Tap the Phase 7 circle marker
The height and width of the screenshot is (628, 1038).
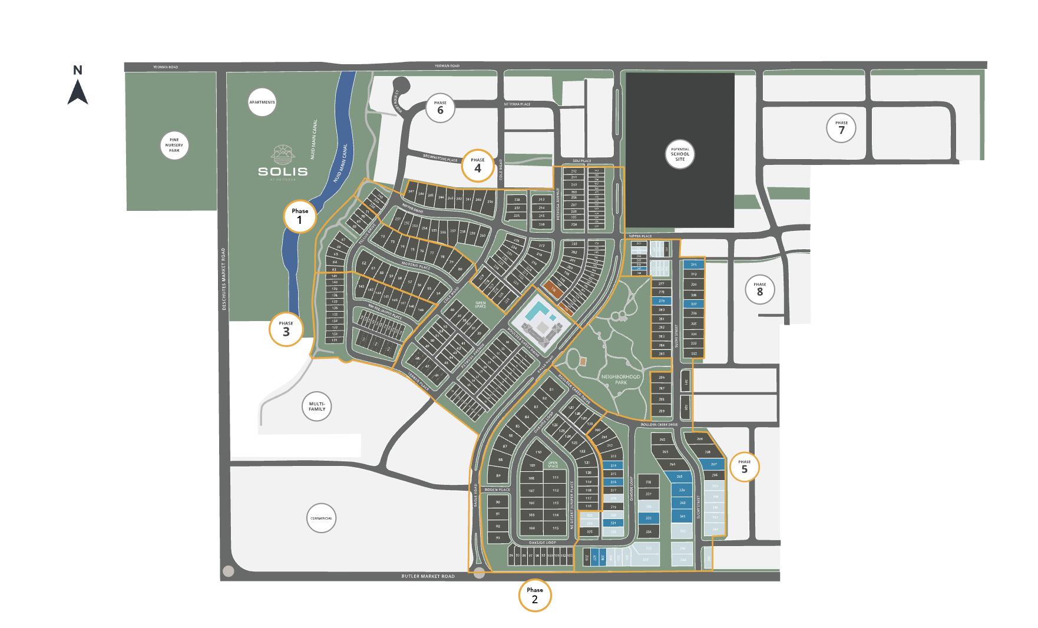click(x=841, y=127)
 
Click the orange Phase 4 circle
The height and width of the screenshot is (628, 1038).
click(x=477, y=164)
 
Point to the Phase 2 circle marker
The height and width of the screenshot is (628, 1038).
click(x=534, y=596)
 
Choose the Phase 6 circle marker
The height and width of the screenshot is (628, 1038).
click(x=439, y=108)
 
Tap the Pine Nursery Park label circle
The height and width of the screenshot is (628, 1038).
click(x=174, y=144)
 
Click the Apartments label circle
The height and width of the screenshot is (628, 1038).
click(x=262, y=103)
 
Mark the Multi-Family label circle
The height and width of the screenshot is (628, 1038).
click(x=317, y=406)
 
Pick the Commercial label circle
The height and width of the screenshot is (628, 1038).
click(x=321, y=518)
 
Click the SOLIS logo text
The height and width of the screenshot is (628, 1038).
click(x=283, y=171)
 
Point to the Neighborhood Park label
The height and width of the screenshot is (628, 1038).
click(x=620, y=379)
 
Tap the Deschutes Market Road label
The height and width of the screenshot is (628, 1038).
click(x=224, y=278)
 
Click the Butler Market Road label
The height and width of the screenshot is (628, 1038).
click(x=428, y=576)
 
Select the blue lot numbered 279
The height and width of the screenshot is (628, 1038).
click(x=661, y=301)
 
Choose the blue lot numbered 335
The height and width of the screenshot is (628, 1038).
click(x=649, y=518)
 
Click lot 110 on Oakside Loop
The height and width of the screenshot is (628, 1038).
click(x=537, y=452)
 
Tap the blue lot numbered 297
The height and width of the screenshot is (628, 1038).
click(x=715, y=464)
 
